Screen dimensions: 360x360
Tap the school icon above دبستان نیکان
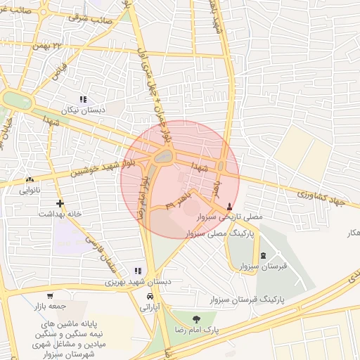[x=83, y=100]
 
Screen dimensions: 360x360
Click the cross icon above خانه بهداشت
[x=60, y=203]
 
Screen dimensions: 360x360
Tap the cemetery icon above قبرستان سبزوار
[x=263, y=256]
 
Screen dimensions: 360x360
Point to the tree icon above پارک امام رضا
[x=195, y=319]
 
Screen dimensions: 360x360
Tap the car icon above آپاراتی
[x=149, y=296]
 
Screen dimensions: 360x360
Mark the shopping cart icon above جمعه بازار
[x=50, y=296]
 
